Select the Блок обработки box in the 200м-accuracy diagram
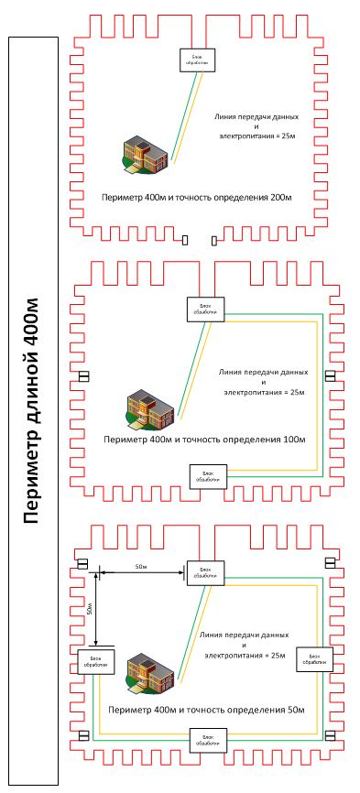[194, 60]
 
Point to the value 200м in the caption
[279, 197]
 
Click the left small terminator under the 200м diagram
[186, 241]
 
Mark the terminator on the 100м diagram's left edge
[83, 376]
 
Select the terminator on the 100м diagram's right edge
[330, 375]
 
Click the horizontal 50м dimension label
[141, 568]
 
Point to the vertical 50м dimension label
[90, 608]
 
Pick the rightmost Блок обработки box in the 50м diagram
[312, 658]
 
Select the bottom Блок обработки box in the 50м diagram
[207, 740]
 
